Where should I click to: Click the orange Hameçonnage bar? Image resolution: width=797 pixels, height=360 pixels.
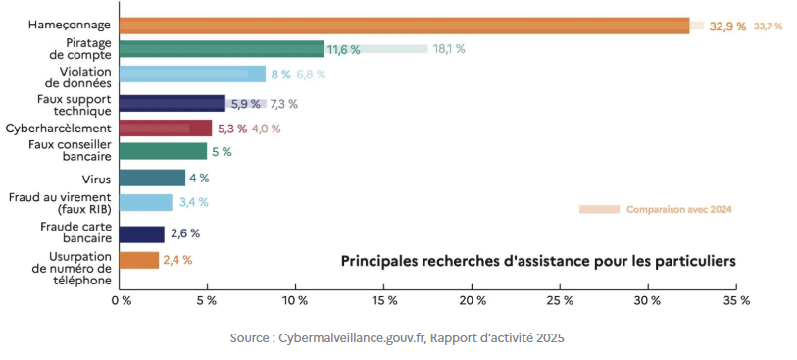pyautogui.click(x=404, y=26)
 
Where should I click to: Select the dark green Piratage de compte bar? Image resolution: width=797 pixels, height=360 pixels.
pyautogui.click(x=222, y=49)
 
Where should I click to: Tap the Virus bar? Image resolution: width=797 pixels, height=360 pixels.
pyautogui.click(x=152, y=178)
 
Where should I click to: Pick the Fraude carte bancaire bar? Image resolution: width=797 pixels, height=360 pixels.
pyautogui.click(x=142, y=233)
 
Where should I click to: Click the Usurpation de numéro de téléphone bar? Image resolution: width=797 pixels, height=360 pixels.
pyautogui.click(x=139, y=260)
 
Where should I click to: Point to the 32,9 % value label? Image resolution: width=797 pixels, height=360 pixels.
pyautogui.click(x=726, y=26)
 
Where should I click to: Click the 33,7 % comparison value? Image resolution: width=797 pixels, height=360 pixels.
pyautogui.click(x=768, y=26)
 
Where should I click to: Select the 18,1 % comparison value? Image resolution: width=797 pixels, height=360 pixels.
pyautogui.click(x=449, y=49)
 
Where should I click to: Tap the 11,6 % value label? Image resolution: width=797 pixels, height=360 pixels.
pyautogui.click(x=343, y=49)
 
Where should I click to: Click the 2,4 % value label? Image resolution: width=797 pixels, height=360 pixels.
pyautogui.click(x=176, y=260)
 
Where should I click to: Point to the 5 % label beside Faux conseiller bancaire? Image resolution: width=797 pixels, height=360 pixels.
pyautogui.click(x=221, y=151)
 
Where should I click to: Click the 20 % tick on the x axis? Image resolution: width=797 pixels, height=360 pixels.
pyautogui.click(x=473, y=300)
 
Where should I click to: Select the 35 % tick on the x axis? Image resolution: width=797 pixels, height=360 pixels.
pyautogui.click(x=736, y=300)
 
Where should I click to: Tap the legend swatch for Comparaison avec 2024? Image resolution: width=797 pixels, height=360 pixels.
pyautogui.click(x=599, y=209)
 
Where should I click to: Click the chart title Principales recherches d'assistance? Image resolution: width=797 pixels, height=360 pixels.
pyautogui.click(x=538, y=261)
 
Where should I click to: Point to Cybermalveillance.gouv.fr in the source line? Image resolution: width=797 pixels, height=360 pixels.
pyautogui.click(x=349, y=337)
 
